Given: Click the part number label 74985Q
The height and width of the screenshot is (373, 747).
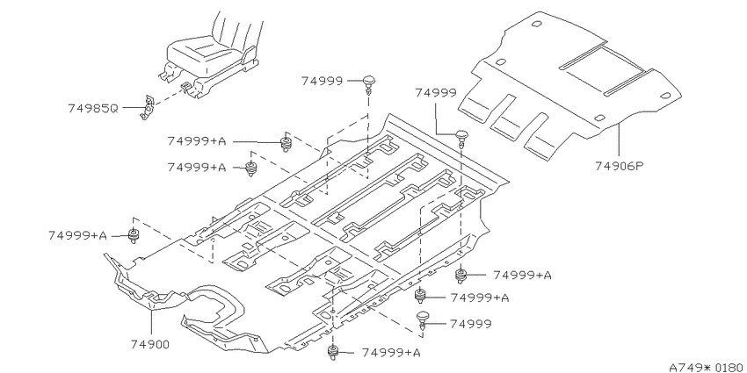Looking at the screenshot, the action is (92, 108).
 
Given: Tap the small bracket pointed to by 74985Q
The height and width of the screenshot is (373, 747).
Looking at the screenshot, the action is (148, 108).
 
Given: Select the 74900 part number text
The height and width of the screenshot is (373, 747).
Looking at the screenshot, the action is (150, 344).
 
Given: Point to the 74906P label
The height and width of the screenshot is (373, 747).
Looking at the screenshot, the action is (620, 166).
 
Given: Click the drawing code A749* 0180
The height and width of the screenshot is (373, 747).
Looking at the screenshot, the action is (707, 367).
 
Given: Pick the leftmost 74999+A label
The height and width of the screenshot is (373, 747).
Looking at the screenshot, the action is (77, 235).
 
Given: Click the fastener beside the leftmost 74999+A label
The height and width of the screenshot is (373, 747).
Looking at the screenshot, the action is (133, 235).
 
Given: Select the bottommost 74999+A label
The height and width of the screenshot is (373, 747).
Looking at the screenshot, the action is (391, 353).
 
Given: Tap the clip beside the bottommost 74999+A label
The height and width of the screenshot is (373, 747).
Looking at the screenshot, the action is (333, 352).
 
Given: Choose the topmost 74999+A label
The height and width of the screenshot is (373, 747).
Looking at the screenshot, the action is (197, 141).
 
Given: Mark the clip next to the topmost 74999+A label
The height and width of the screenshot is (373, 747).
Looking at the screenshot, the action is (286, 143).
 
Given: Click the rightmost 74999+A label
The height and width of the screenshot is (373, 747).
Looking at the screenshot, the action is (522, 275).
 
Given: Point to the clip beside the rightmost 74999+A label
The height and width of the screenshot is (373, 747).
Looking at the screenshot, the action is (461, 276).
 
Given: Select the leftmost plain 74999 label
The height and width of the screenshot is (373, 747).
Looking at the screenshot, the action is (322, 81).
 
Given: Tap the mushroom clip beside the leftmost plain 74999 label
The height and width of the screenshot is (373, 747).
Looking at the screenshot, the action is (369, 83).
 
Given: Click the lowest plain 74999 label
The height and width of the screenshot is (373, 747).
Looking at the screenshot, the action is (471, 324).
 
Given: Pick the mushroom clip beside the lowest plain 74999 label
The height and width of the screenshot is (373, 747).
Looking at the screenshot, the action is (423, 320).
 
